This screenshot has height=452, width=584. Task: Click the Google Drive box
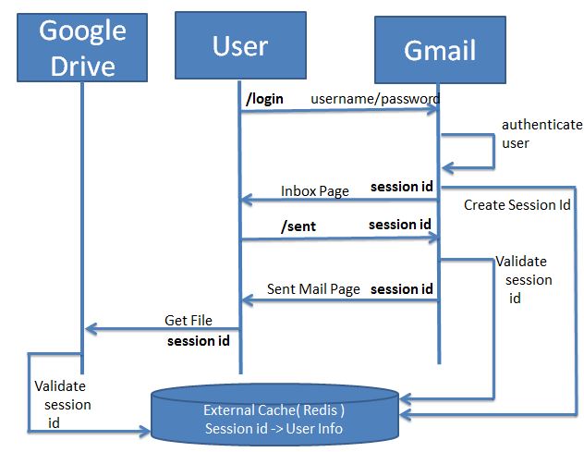(82, 48)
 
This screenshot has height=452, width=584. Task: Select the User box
(240, 45)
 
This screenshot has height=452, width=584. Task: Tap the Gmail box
(440, 50)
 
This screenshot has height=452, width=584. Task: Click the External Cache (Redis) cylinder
(274, 415)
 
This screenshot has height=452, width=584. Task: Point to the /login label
(264, 99)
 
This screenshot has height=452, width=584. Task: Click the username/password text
(375, 99)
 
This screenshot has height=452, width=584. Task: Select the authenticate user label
(541, 134)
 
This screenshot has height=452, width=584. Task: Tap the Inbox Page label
(315, 191)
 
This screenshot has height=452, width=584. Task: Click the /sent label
(298, 226)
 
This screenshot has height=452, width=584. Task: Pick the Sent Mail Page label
(313, 289)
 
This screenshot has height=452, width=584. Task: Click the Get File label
(189, 321)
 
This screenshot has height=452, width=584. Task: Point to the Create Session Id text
(517, 205)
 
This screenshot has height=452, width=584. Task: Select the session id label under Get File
(199, 341)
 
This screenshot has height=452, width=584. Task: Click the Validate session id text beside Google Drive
(63, 404)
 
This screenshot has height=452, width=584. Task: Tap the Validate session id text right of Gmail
(524, 279)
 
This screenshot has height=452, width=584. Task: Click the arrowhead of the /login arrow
(432, 109)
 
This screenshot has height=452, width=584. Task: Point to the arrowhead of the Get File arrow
(91, 329)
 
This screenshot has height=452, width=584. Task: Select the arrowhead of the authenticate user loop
(447, 167)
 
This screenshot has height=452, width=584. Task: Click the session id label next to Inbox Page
(401, 187)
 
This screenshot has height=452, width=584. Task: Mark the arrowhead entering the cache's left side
(144, 431)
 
